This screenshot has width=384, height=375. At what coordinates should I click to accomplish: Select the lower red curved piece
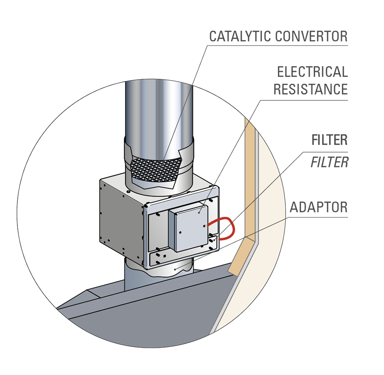230,234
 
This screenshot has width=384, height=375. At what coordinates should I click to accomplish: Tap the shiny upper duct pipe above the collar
159,112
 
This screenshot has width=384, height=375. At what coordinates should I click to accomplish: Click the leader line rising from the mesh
178,124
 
